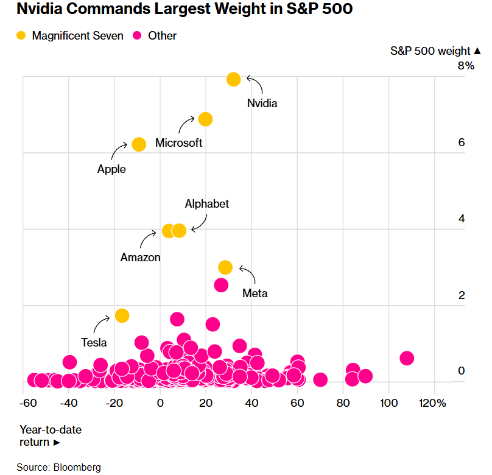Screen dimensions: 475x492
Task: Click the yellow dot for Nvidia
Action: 234,79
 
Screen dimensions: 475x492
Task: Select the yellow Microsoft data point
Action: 205,119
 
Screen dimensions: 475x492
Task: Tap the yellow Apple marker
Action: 139,144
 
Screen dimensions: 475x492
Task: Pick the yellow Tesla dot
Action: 122,315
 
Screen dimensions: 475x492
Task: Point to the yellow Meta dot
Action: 225,267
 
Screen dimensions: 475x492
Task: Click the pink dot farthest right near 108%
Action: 407,358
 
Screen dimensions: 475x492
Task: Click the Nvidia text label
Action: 262,104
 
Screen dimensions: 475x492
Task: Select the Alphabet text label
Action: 207,204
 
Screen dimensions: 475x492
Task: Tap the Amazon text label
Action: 141,258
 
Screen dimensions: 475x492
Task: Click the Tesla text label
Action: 94,342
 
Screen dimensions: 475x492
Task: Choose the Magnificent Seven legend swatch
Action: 21,36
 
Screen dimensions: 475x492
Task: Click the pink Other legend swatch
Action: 138,36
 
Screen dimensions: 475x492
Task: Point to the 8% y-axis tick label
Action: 466,66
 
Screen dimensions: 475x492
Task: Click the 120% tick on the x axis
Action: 433,403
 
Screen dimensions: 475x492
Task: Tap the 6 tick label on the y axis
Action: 462,142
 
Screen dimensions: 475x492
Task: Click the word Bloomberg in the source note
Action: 77,467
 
